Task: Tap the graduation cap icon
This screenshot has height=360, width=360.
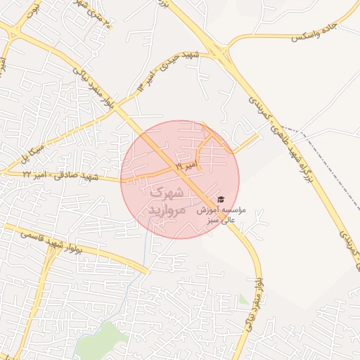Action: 221,200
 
